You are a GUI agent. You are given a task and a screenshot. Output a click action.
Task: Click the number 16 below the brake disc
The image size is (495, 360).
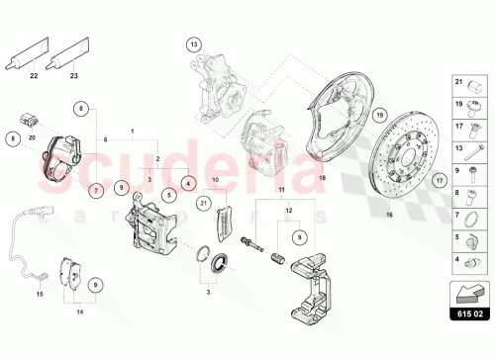point(388,240)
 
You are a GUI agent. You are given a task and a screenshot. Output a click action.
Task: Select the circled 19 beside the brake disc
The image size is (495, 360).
point(379,117)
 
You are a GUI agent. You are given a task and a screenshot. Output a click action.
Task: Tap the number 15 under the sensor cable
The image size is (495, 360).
point(41,295)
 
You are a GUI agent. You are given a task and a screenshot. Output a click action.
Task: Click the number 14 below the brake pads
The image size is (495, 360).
point(80,313)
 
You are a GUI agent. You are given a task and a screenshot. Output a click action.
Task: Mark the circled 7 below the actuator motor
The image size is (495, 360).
point(96,188)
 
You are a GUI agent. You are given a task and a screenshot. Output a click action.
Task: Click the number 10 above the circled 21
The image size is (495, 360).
point(214,180)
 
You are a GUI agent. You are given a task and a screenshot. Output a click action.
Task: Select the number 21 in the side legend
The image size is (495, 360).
point(457,82)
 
